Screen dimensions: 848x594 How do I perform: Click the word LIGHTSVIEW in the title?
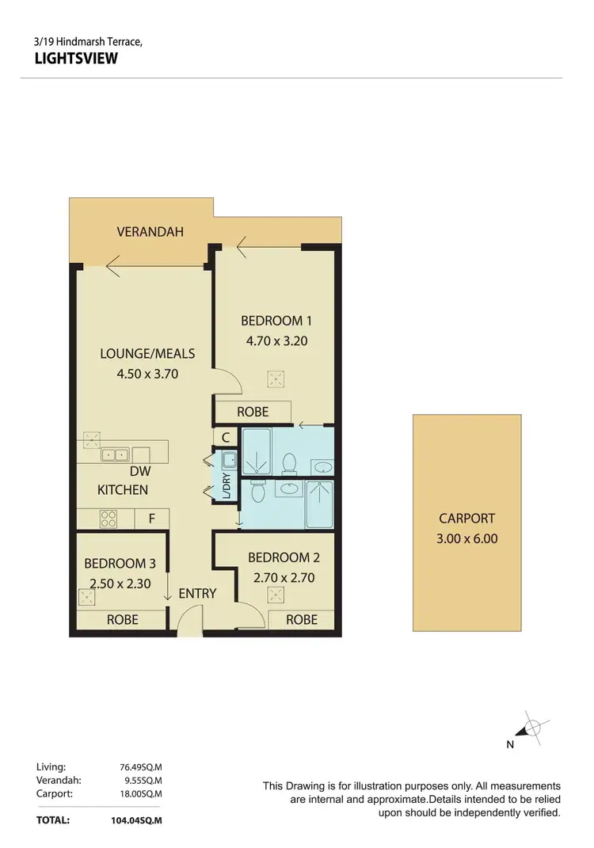(77, 58)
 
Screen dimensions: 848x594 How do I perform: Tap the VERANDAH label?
(150, 232)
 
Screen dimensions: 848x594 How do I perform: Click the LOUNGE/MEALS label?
(147, 353)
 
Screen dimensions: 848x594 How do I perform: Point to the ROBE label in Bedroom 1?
(253, 412)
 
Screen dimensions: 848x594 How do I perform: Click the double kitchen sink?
(115, 454)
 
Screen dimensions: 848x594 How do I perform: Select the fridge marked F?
(151, 519)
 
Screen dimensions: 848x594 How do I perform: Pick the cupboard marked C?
(226, 436)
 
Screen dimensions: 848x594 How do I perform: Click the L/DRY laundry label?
(226, 485)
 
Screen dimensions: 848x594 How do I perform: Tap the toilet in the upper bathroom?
(290, 462)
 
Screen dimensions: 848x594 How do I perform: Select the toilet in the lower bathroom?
(258, 492)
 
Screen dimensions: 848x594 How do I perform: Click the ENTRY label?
(197, 593)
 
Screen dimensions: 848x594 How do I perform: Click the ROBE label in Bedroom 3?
(122, 619)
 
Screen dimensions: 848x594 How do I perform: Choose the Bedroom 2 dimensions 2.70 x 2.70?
(284, 578)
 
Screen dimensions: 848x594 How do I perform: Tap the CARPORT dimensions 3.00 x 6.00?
(466, 539)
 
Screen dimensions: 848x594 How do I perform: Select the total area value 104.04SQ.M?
(135, 820)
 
